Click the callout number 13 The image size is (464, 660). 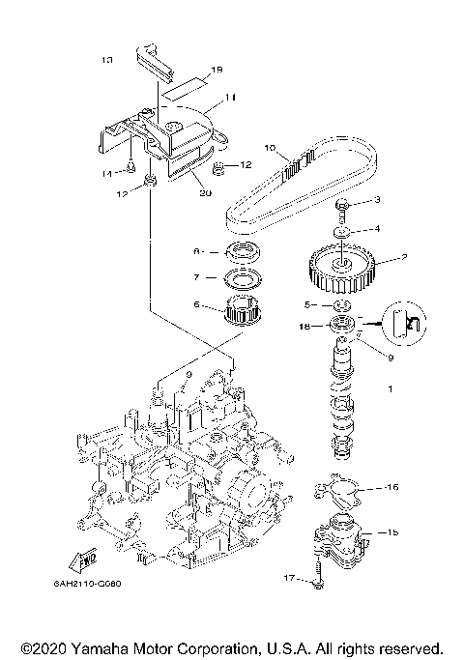pos(107,60)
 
